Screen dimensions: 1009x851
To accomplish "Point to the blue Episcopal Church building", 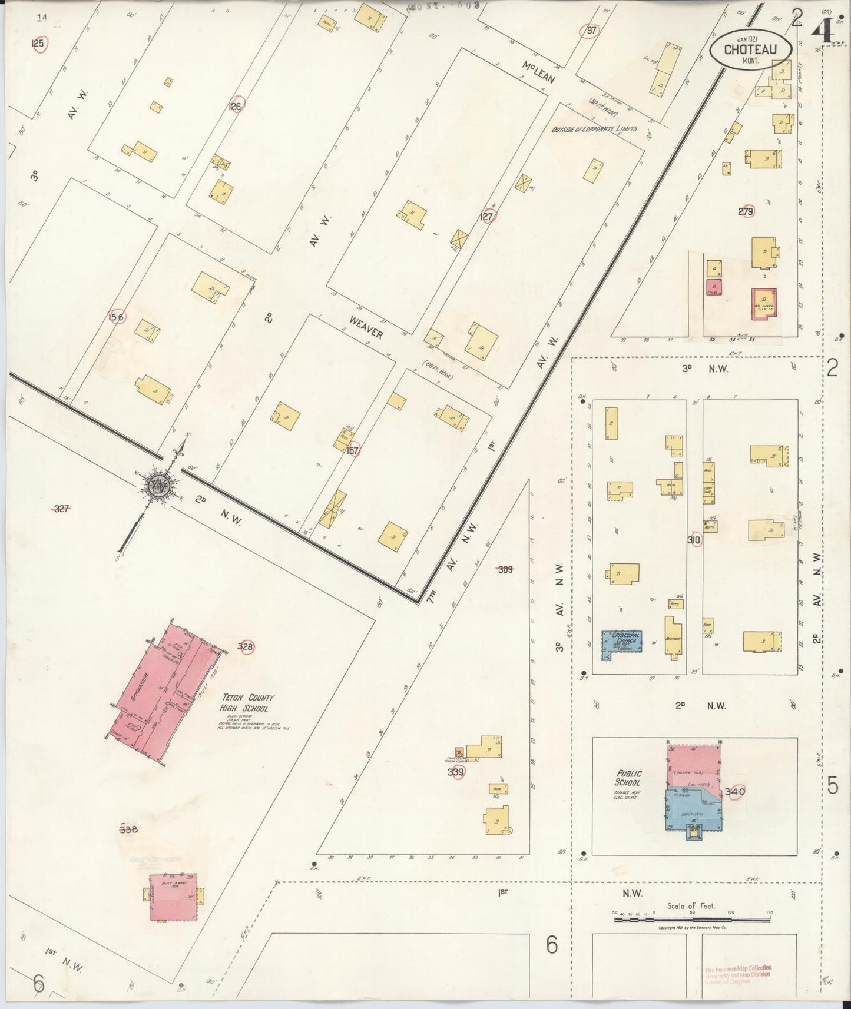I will point(621,643).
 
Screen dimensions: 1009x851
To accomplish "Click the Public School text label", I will point(629,778).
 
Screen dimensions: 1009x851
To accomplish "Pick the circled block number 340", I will point(735,792).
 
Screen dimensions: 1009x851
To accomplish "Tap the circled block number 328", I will point(246,647).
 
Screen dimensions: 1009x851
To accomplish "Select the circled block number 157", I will point(353,450).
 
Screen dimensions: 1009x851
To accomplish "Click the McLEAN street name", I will point(538,74).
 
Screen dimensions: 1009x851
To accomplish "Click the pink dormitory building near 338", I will point(172,897).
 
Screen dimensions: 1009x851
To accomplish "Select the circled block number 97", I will point(591,30).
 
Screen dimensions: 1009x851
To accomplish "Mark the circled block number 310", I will point(694,539).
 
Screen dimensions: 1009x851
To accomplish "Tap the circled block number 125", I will point(38,44).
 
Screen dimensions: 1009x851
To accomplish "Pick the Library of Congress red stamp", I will point(738,974).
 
